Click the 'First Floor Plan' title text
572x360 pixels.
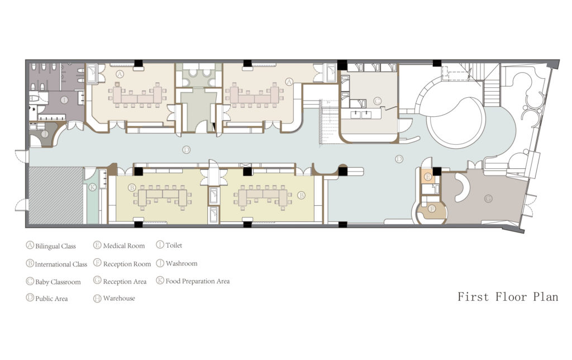click(x=507, y=297)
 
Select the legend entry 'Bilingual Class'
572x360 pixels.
click(x=51, y=246)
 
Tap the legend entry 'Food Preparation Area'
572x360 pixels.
click(x=193, y=281)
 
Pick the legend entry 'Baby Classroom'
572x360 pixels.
click(x=53, y=282)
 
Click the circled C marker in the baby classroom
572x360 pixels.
click(x=378, y=101)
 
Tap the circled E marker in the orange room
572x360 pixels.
click(x=428, y=177)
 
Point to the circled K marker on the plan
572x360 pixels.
click(x=93, y=187)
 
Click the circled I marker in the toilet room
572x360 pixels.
click(x=64, y=100)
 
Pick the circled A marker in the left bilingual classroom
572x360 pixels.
click(x=120, y=73)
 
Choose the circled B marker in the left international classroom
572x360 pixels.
click(x=132, y=187)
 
